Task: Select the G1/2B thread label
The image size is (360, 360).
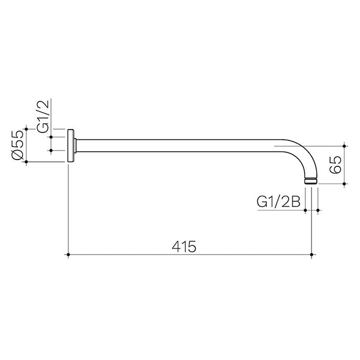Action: click(278, 202)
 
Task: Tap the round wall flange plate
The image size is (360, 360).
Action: click(72, 145)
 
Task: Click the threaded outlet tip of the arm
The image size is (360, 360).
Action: click(311, 180)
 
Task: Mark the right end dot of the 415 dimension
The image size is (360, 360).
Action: click(311, 255)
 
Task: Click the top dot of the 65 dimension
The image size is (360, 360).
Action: click(344, 145)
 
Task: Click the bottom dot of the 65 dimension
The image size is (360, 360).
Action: click(344, 184)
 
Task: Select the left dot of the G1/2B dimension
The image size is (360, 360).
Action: click(305, 210)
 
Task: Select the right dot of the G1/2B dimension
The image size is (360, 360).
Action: click(317, 210)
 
